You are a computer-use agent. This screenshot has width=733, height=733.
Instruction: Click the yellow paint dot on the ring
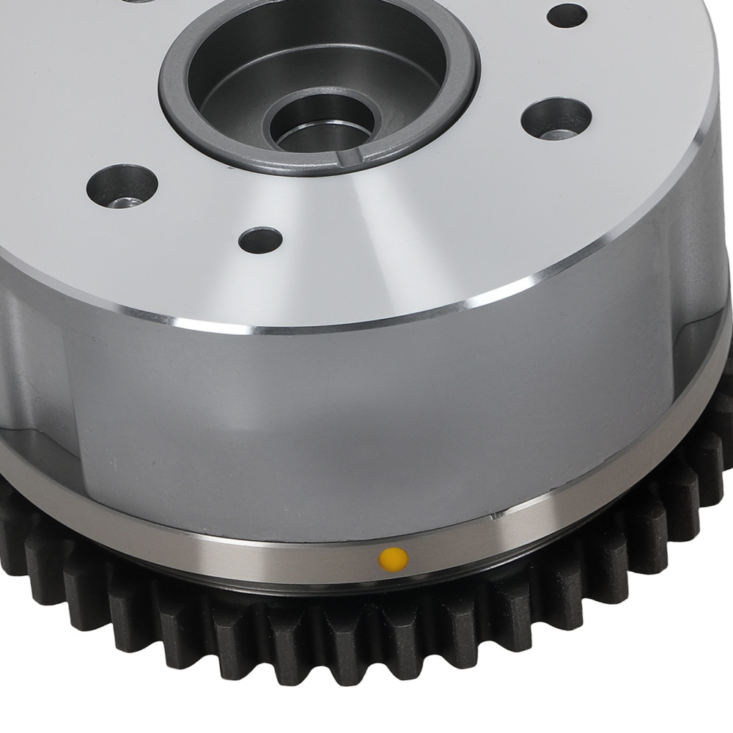click(393, 559)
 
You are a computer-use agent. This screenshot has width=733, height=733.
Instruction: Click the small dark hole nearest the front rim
click(260, 240)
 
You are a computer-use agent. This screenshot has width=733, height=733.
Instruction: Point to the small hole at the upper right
click(567, 15)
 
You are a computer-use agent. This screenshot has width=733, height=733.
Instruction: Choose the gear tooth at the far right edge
click(722, 410)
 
